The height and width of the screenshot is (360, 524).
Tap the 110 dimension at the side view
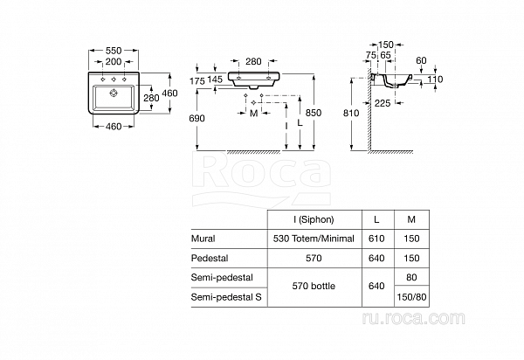click(434, 80)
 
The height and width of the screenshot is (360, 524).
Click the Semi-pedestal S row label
click(226, 297)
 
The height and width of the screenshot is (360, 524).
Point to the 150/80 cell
click(411, 297)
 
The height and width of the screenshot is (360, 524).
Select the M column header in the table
click(411, 219)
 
